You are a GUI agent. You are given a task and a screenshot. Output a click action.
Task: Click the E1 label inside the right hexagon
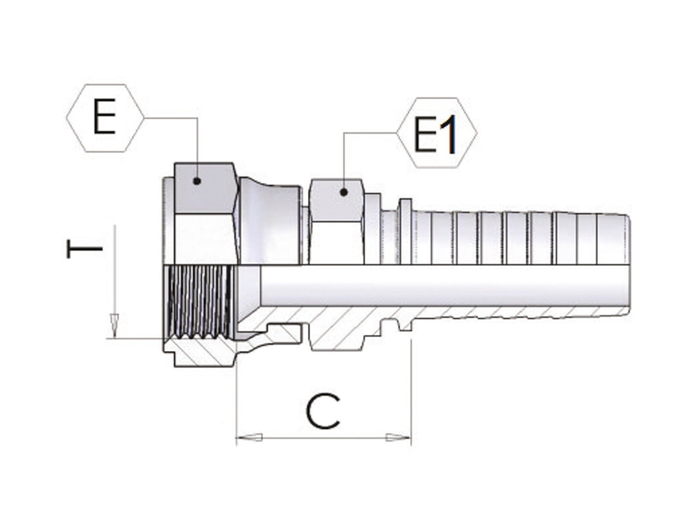(435, 134)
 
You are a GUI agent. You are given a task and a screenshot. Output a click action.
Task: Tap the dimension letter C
(323, 411)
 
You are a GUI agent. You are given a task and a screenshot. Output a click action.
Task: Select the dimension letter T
(85, 248)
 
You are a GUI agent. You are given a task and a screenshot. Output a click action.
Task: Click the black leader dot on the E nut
(197, 181)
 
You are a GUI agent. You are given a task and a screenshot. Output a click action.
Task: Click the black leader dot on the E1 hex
(344, 192)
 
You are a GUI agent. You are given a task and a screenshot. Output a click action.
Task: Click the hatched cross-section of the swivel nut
(202, 352)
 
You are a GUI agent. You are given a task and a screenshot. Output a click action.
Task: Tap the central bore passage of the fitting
(442, 286)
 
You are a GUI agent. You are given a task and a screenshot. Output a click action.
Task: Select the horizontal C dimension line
(324, 438)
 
